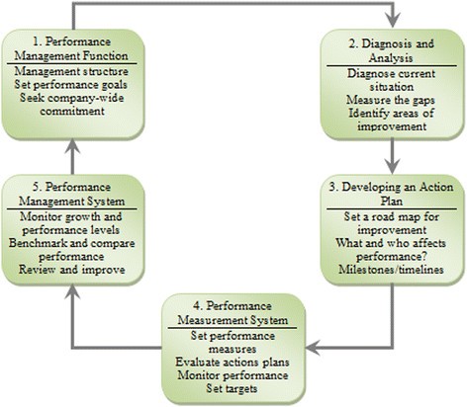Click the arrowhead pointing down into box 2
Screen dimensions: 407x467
(x=394, y=22)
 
